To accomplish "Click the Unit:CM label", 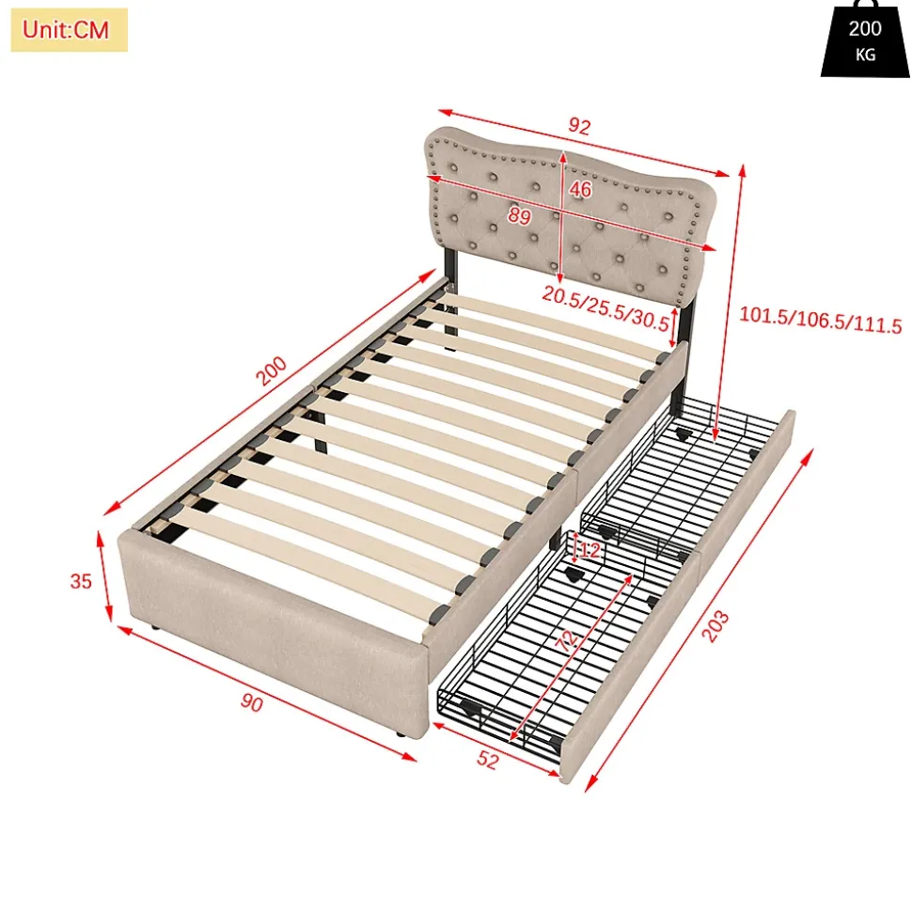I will tap(68, 30).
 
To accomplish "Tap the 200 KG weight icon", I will tap(865, 43).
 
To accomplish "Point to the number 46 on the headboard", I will tap(580, 189).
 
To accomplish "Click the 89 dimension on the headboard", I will tap(519, 215).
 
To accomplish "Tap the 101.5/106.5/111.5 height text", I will tap(820, 325).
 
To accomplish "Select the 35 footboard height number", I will tap(81, 581).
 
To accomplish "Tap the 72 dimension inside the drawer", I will tap(566, 641).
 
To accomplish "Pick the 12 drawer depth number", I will tap(589, 550).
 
